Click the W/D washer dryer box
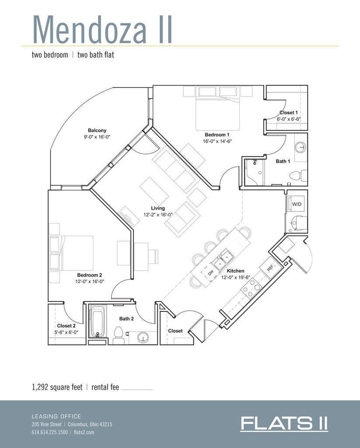[x=296, y=204]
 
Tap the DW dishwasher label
[x=210, y=273]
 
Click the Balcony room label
[x=97, y=130]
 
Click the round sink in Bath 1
[x=301, y=147]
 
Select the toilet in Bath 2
[x=118, y=335]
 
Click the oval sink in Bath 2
[x=142, y=337]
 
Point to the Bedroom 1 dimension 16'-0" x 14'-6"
[x=217, y=141]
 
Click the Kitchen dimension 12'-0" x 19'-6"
[x=236, y=277]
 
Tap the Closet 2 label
[x=66, y=325]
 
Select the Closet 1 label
[x=289, y=112]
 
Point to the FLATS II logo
[x=284, y=423]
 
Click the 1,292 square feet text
[x=57, y=387]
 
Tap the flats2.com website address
[x=84, y=432]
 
